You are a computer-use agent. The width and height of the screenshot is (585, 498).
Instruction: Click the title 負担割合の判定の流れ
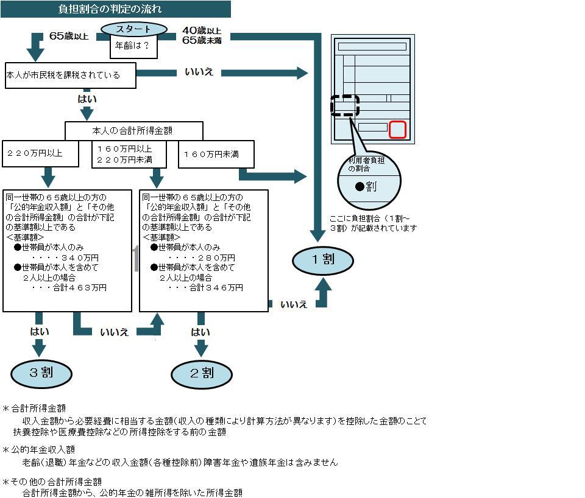(110, 9)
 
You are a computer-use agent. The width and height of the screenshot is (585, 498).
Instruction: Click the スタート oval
(133, 29)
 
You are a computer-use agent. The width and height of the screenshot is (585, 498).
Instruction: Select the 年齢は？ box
(132, 46)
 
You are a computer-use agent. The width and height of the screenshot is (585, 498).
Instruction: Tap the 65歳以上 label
(68, 36)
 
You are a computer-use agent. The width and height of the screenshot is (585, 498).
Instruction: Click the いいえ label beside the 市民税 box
(199, 72)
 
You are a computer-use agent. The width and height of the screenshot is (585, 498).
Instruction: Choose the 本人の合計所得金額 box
(133, 130)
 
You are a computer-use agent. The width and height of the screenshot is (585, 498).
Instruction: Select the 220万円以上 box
(41, 154)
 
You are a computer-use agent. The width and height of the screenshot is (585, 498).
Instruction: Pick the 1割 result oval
(322, 260)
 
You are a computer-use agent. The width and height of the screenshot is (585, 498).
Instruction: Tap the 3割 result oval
(41, 373)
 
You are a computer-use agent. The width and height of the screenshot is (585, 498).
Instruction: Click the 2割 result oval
(202, 373)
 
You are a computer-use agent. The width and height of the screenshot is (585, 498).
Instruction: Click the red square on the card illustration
(397, 130)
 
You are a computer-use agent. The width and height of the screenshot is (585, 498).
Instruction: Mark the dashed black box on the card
(345, 106)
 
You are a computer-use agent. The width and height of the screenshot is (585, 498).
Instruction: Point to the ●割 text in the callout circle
(366, 187)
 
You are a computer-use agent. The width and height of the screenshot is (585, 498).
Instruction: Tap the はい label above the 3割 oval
(40, 332)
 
